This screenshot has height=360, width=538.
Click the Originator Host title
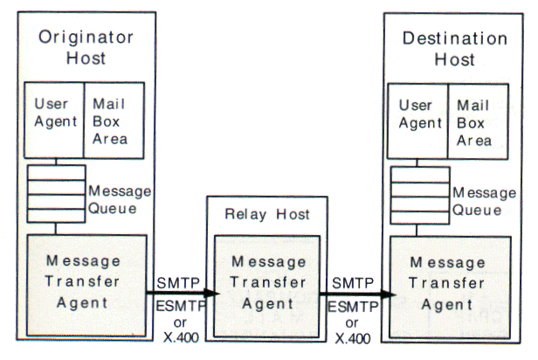coord(86,49)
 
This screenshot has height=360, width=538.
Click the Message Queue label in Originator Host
coord(119,198)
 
